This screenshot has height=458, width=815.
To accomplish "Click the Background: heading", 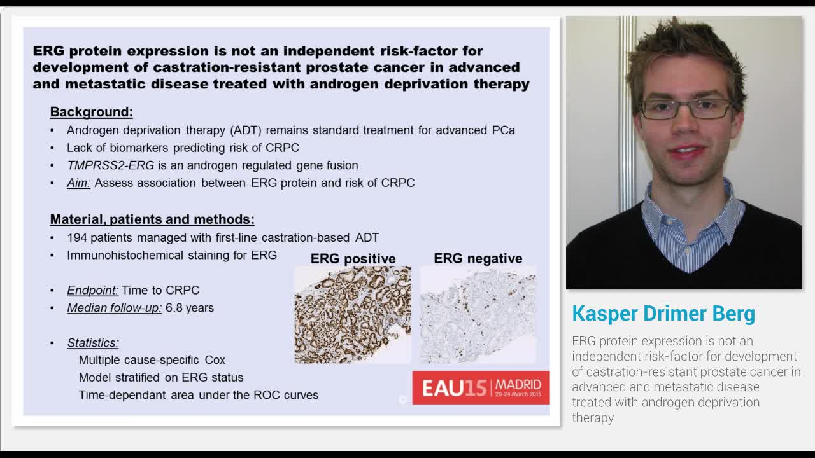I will coord(91,112).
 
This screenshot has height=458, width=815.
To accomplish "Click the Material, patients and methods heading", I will coord(152,219).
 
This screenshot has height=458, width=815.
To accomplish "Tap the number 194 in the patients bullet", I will coord(77,238).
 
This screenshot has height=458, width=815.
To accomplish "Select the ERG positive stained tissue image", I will coord(352,315).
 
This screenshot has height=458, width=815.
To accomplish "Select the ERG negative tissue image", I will coord(478,315).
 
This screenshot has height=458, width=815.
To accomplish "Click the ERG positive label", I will coord(353,259).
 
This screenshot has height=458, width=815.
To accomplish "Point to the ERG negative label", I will coord(478,258).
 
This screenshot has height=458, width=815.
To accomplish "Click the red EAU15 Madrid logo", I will coord(481,387).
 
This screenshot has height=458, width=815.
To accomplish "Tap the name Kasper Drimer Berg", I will coord(663,314).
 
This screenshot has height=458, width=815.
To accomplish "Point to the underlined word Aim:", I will coord(79,183).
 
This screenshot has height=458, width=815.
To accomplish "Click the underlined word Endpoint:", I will coord(92,290).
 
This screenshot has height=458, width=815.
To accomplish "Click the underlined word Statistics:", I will coord(93,343).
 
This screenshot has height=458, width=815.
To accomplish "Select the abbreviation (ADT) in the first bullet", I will coord(245,130).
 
